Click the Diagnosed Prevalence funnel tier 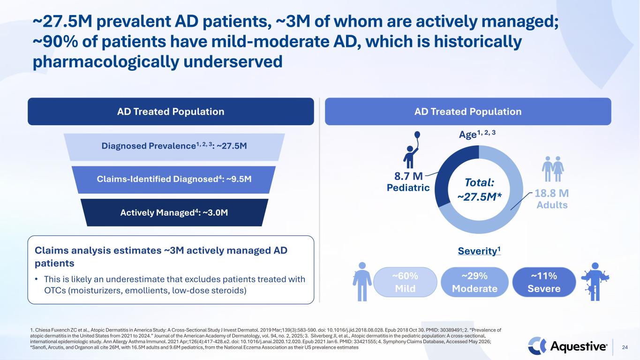click(174, 147)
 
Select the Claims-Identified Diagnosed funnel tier click(173, 180)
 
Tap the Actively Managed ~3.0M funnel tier click(174, 212)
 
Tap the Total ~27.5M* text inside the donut click(479, 189)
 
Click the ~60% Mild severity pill click(405, 282)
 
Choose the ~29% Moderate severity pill click(474, 282)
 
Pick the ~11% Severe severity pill click(544, 282)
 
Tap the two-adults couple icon click(553, 169)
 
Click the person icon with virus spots click(595, 282)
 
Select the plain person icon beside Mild click(362, 282)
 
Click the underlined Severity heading click(479, 251)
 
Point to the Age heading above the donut click(477, 134)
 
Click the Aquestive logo click(567, 346)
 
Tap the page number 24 click(625, 347)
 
